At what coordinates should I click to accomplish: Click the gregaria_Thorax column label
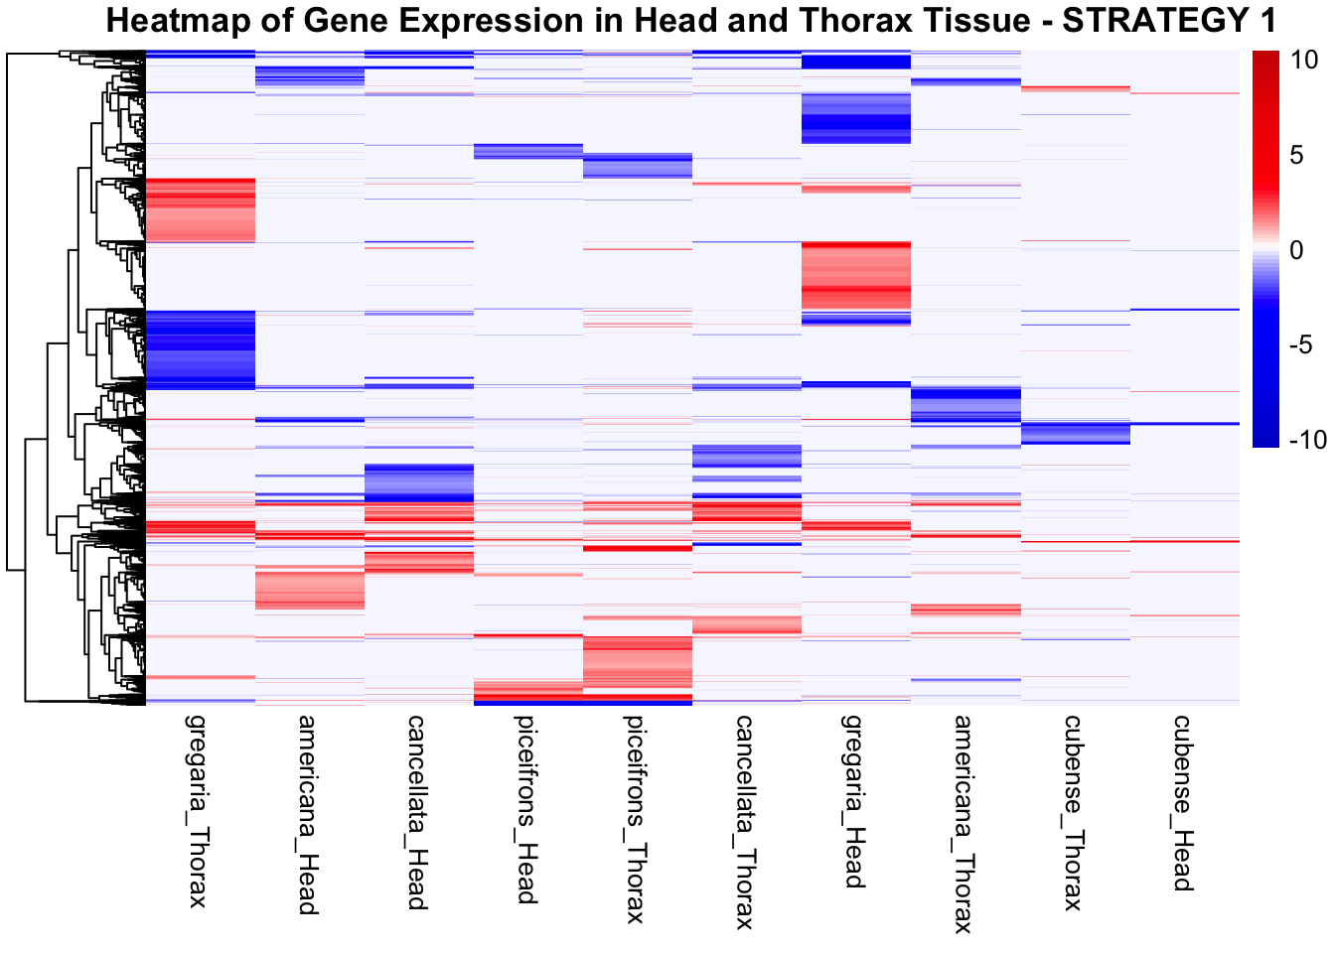(x=199, y=810)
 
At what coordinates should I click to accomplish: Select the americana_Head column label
(x=308, y=814)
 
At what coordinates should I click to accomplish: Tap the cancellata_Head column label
(x=417, y=812)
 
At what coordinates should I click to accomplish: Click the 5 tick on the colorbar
(x=1295, y=155)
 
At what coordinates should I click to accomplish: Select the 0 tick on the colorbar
(x=1295, y=250)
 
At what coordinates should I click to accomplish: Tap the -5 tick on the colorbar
(x=1300, y=344)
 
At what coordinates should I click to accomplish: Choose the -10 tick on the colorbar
(x=1306, y=440)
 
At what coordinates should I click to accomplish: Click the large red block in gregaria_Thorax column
(x=201, y=209)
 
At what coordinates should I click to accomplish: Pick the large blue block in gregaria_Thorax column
(x=201, y=348)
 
